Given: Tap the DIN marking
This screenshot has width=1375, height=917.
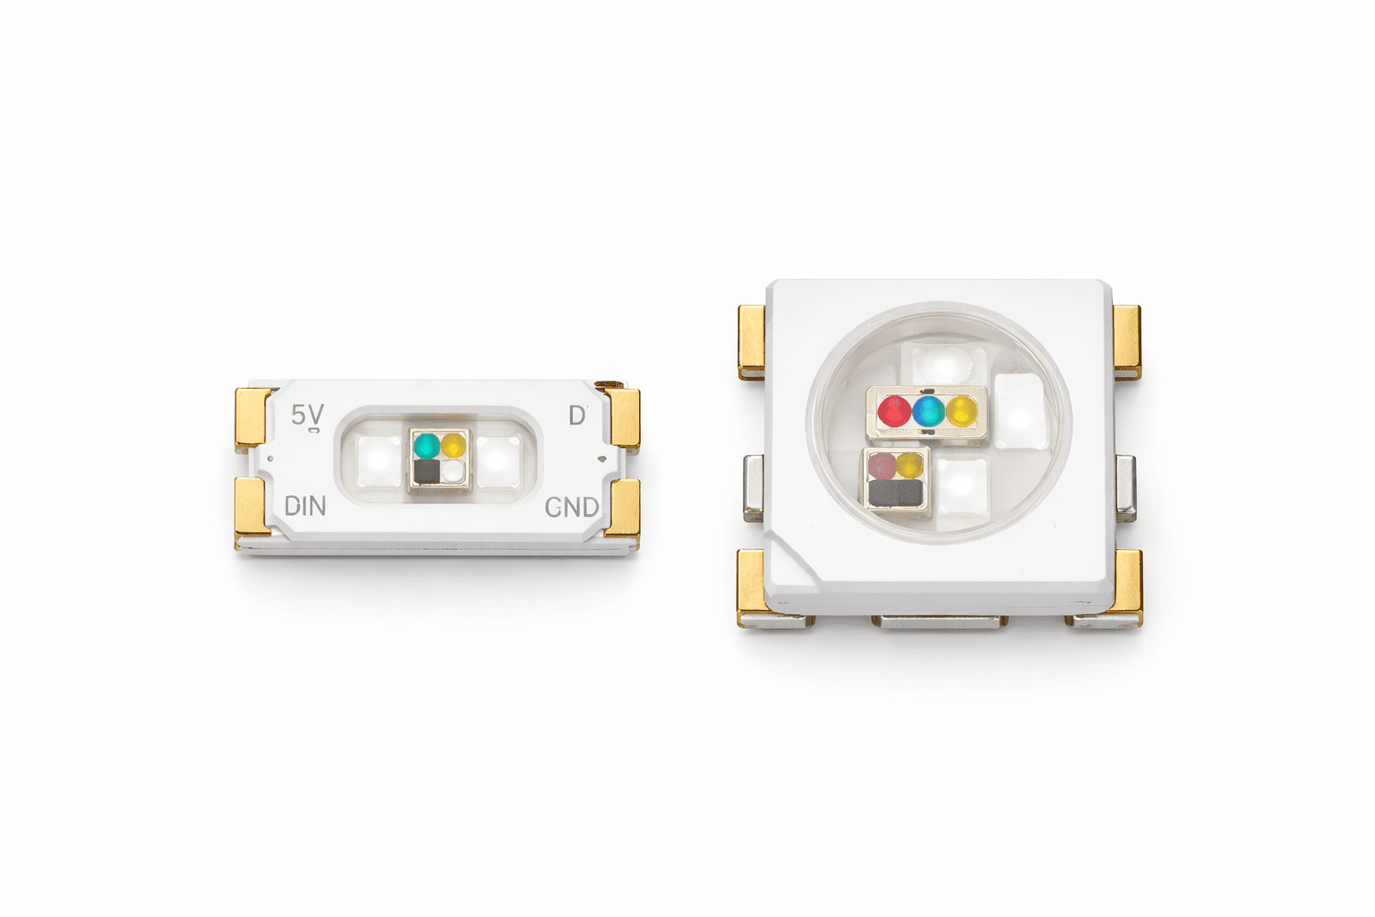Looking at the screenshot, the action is click(305, 506).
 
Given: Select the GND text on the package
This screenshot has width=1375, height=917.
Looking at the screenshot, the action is click(571, 508).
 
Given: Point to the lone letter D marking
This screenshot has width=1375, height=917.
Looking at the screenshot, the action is click(577, 416).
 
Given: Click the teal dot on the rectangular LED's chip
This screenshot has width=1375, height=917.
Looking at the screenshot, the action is click(427, 446).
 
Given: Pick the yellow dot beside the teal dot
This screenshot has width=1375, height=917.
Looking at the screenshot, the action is click(454, 445).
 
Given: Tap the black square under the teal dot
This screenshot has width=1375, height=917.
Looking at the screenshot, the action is click(427, 472).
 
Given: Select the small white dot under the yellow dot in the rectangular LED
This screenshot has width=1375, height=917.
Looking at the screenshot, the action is click(454, 472).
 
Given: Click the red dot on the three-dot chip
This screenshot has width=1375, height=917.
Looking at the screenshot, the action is click(894, 411).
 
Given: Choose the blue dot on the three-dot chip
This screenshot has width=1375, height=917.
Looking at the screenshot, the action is click(928, 411).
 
